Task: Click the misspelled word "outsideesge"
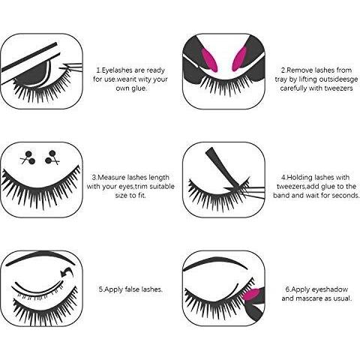(x=337, y=79)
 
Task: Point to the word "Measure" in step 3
(x=111, y=178)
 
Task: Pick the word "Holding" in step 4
(x=299, y=178)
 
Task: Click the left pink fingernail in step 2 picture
(x=209, y=59)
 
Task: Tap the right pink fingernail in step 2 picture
(x=239, y=58)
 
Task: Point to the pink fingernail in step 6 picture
(x=251, y=295)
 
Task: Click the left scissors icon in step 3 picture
(x=28, y=157)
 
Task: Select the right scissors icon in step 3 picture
(x=52, y=157)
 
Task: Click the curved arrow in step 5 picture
(x=67, y=272)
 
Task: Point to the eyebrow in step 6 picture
(x=215, y=262)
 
